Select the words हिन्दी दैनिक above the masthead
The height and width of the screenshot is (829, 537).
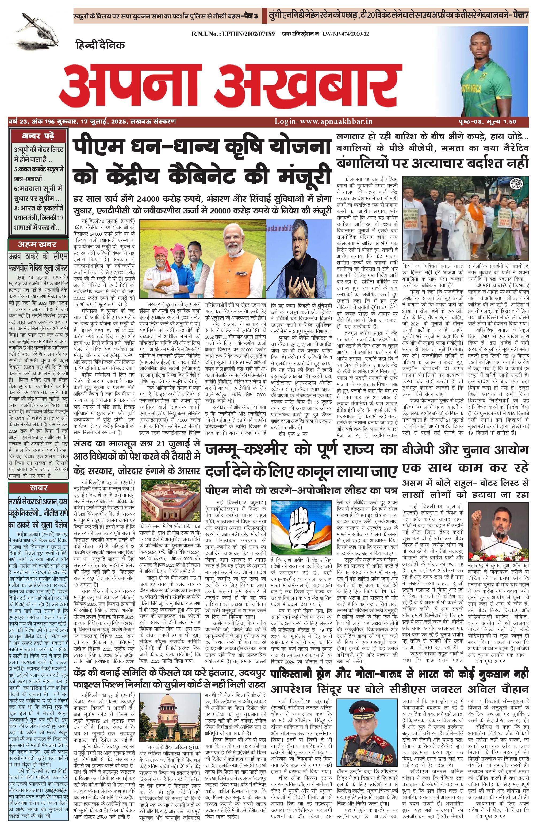(99, 45)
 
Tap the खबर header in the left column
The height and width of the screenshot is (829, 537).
(38, 487)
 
